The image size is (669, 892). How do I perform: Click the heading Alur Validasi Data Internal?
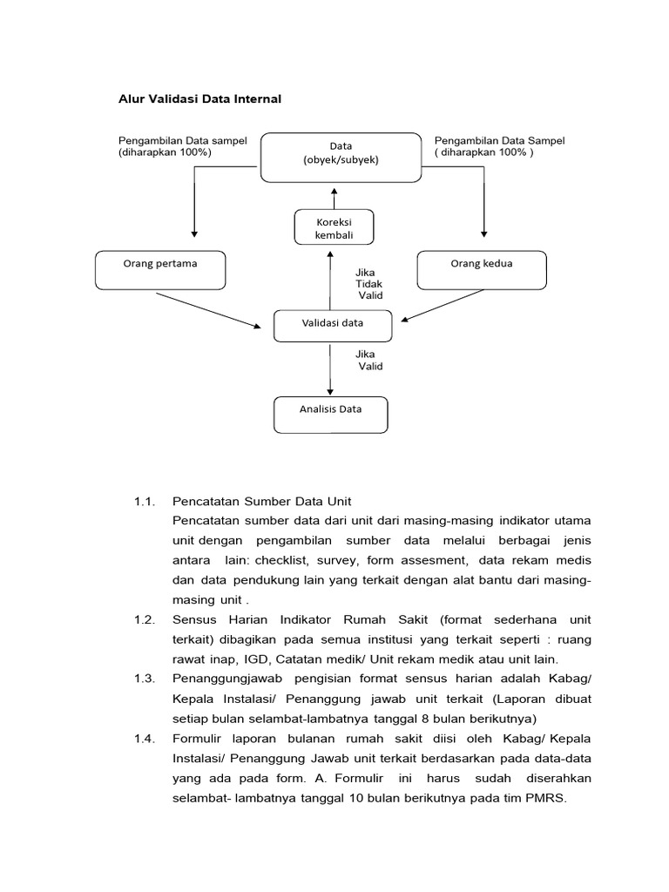[x=199, y=99]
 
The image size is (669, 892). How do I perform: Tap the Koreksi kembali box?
[x=334, y=226]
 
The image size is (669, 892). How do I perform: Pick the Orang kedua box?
[x=481, y=269]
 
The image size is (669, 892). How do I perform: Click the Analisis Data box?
[x=331, y=415]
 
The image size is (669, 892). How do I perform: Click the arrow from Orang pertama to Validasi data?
[x=209, y=310]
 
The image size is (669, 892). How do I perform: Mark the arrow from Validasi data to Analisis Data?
[x=330, y=369]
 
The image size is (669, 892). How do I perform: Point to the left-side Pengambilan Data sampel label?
[x=183, y=145]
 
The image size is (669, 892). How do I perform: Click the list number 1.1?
[x=144, y=502]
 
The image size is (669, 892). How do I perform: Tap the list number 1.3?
[x=144, y=677]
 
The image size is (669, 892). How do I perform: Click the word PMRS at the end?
[x=546, y=794]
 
